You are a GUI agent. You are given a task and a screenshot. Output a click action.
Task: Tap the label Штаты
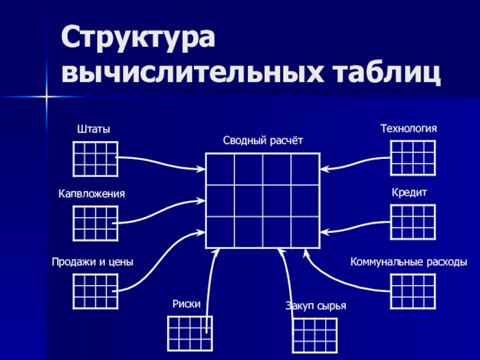pos(95,129)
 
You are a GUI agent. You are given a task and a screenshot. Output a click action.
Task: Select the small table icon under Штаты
pos(95,158)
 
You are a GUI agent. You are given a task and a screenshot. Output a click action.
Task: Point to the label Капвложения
pos(92,194)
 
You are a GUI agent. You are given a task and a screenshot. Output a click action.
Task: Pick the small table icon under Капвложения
pos(95,223)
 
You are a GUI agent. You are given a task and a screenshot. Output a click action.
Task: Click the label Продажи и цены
pos(92,262)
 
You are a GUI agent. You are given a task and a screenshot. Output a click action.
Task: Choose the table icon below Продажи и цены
pos(95,291)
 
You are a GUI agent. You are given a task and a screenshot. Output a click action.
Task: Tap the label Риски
pos(185,304)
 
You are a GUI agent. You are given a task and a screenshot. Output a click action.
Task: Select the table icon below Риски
pos(189,333)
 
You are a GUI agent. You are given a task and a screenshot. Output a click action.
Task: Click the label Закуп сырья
pos(316,307)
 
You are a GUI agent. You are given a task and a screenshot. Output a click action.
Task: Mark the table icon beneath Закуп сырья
pos(314,335)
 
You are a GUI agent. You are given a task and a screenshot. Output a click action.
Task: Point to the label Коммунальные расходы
pos(409,262)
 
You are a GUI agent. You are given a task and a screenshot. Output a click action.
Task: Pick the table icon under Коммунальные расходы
pos(412,291)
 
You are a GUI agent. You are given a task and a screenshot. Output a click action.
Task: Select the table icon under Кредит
pos(412,222)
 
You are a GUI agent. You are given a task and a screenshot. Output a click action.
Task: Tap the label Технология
pos(409,128)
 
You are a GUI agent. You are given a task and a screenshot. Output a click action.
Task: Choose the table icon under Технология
pos(412,158)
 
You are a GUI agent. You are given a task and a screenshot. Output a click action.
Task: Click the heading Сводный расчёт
pos(263,140)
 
